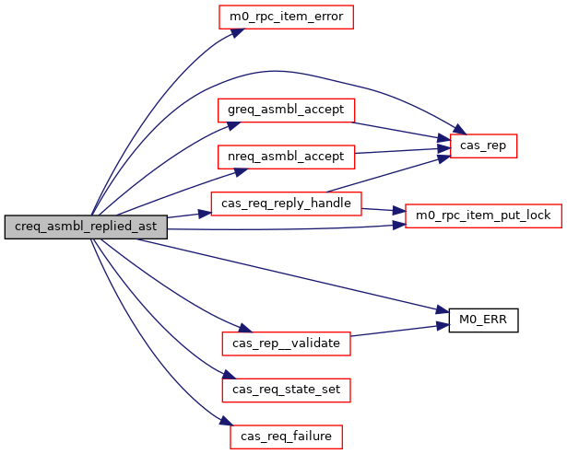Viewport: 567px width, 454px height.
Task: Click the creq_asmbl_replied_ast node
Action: pyautogui.click(x=87, y=227)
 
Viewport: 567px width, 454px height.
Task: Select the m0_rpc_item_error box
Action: pyautogui.click(x=286, y=17)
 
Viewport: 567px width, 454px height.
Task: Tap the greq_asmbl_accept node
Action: pyautogui.click(x=286, y=110)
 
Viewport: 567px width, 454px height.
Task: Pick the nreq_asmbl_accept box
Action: pyautogui.click(x=286, y=157)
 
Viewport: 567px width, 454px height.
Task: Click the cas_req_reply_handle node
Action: pyautogui.click(x=286, y=203)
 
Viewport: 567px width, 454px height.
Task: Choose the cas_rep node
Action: pyautogui.click(x=483, y=146)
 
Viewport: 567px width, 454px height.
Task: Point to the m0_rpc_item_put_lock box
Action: pyautogui.click(x=483, y=215)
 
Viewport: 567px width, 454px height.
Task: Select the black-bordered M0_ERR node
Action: pyautogui.click(x=483, y=320)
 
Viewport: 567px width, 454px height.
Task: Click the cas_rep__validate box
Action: pyautogui.click(x=286, y=343)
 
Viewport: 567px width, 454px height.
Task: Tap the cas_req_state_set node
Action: pyautogui.click(x=286, y=390)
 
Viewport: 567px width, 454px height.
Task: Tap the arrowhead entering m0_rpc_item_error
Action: pyautogui.click(x=235, y=31)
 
